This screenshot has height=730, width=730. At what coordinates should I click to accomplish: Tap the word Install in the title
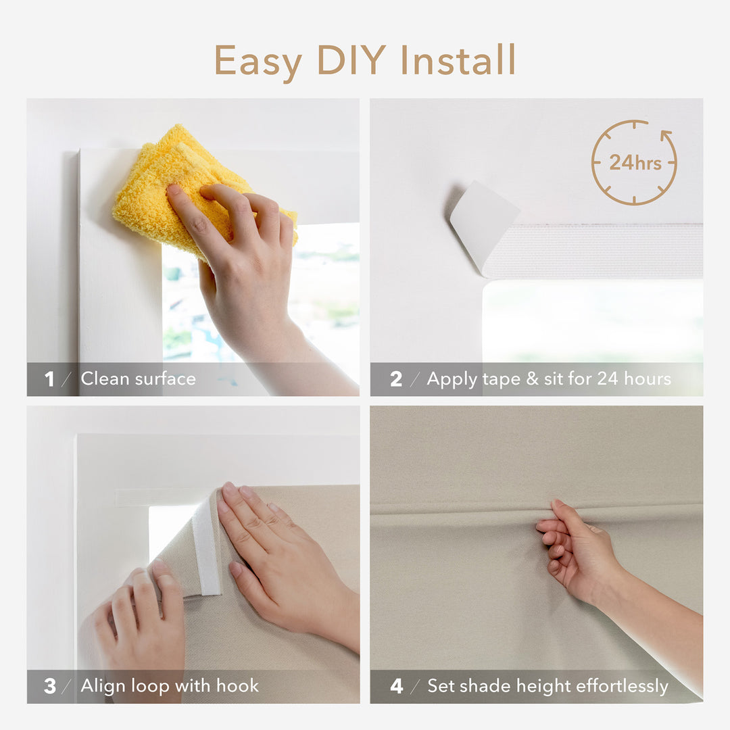pos(463,60)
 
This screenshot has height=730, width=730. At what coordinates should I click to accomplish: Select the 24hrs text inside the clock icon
pos(635,163)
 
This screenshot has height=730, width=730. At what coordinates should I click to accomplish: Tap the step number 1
pos(49,379)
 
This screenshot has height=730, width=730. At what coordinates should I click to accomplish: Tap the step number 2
pos(396,379)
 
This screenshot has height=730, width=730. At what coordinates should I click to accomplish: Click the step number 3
pos(50,686)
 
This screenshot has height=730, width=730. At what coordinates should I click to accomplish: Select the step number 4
pos(397,686)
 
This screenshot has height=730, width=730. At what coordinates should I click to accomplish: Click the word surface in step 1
pos(166,379)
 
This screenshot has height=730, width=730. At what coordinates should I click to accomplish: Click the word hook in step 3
pos(237,686)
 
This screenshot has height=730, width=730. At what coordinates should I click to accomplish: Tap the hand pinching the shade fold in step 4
pos(575,547)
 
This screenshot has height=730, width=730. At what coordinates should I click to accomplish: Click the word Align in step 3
pos(102,686)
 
